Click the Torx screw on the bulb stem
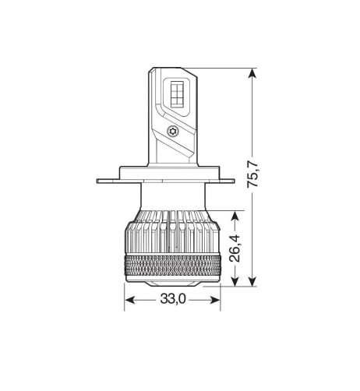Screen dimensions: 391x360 pos(173,132)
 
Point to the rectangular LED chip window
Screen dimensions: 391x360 pos(177,99)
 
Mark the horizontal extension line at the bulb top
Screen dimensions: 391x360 pos(226,69)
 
